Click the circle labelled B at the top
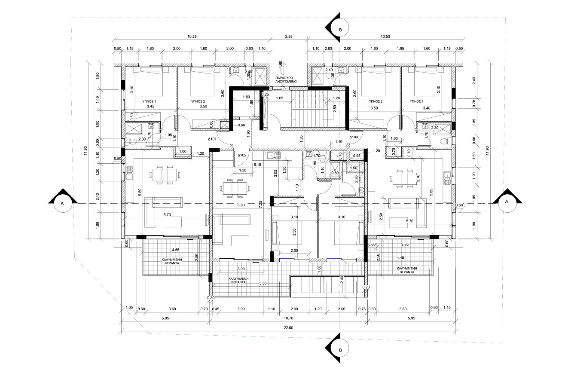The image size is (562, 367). coord(340,28)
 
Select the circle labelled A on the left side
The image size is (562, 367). coord(62,203)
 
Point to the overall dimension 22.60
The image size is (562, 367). coord(288,327)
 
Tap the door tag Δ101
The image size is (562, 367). coord(212,139)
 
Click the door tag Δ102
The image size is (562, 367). coord(242,155)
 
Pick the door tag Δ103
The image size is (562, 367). coord(354,137)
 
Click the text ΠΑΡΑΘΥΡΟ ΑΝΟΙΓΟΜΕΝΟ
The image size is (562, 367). coord(286,80)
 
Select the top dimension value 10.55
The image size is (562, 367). coord(192,37)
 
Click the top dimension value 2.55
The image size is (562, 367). coord(289,37)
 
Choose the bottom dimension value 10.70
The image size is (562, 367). coord(288,318)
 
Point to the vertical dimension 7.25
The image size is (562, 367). coord(261,204)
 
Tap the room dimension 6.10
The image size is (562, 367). coord(257,165)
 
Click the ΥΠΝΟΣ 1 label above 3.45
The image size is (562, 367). coord(149,101)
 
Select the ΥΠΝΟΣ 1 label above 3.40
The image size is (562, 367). coord(416,101)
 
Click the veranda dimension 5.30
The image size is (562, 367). coord(263,283)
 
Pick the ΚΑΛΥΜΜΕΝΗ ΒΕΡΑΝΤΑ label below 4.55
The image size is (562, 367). coord(172,261)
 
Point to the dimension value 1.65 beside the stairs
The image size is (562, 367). coord(279,98)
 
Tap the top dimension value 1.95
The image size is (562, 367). coord(400,49)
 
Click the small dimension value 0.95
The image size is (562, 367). coord(357,156)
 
